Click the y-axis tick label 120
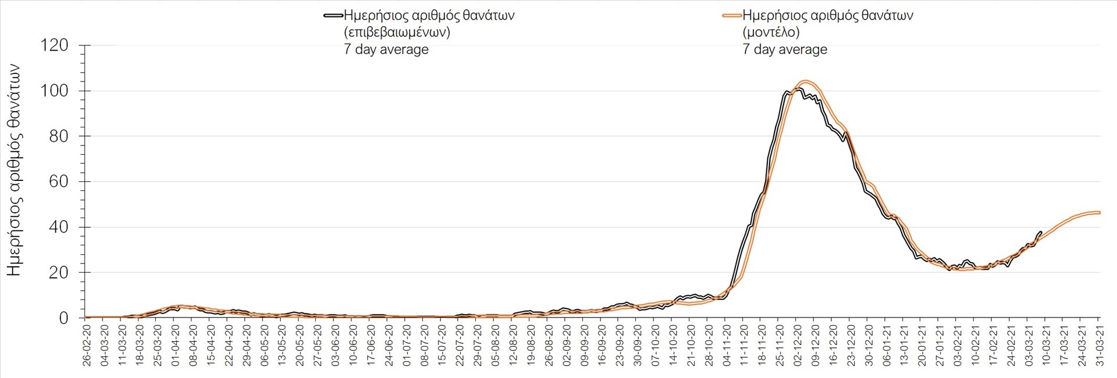coord(54,45)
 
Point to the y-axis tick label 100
coord(54,91)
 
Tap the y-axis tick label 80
coord(58,136)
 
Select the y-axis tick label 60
coord(58,181)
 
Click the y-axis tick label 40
coord(58,227)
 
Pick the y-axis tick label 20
coord(58,272)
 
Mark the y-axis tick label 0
coord(63,318)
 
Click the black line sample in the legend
coord(333,16)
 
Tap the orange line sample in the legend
coord(732,16)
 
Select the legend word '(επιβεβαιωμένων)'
coord(397,33)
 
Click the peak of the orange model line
coord(806,81)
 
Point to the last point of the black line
coord(1041,231)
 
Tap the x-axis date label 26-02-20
coord(87,345)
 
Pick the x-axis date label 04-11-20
coord(727,345)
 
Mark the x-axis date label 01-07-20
coord(407,345)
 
